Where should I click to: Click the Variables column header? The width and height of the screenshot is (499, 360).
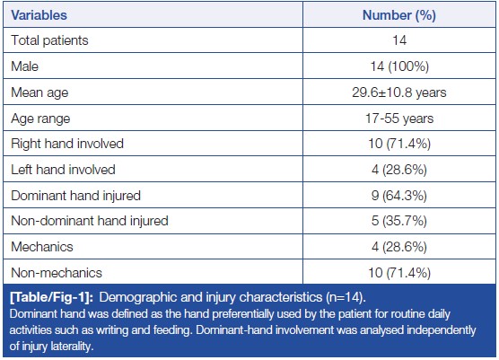pos(39,15)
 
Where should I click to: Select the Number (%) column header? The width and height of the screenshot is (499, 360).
pos(399,15)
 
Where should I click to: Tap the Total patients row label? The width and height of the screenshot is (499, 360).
pos(49,40)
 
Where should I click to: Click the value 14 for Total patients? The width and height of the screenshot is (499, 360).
pos(399,40)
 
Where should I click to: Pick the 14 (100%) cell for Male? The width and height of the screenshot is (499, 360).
pos(399,66)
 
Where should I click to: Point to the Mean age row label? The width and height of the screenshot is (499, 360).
pos(39,92)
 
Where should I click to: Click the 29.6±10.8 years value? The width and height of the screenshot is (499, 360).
pos(399,92)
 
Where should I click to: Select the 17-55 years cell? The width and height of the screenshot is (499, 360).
pos(399,119)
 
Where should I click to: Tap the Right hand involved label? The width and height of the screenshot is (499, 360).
pos(67,144)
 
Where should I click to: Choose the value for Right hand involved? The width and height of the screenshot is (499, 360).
pos(399,144)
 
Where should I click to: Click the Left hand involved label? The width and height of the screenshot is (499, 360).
pos(63,170)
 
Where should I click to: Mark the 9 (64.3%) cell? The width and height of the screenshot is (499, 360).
pos(399,196)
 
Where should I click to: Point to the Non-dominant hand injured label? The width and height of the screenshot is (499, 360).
pos(90,221)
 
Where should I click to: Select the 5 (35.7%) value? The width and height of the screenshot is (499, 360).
pos(399,221)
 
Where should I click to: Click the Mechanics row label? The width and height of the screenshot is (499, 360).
pos(42,247)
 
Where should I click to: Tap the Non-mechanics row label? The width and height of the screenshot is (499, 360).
pos(57,273)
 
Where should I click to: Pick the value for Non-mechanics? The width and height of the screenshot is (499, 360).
pos(399,273)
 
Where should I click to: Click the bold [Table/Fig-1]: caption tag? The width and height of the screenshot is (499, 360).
pos(51,297)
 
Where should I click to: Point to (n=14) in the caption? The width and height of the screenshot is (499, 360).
pos(345,297)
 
